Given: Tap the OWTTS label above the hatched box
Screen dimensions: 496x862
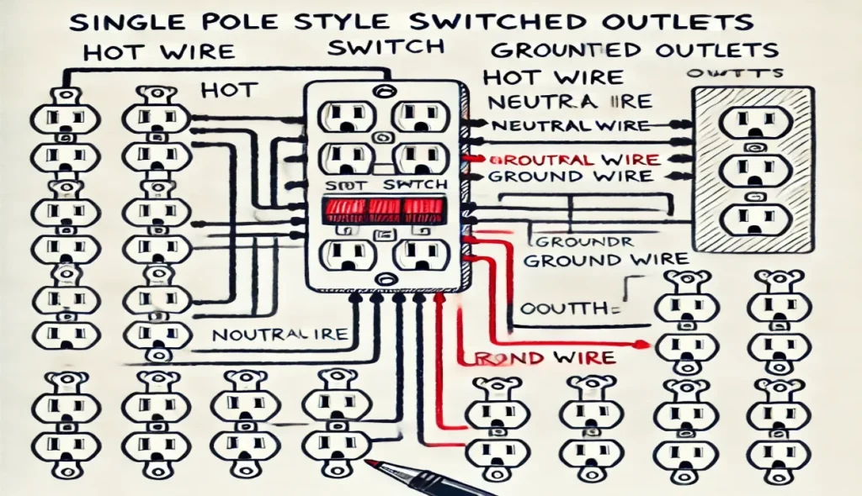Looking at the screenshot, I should tap(739, 74).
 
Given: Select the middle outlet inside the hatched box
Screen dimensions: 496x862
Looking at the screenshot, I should tap(752, 167).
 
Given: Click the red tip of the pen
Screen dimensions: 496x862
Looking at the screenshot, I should tap(370, 463).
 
